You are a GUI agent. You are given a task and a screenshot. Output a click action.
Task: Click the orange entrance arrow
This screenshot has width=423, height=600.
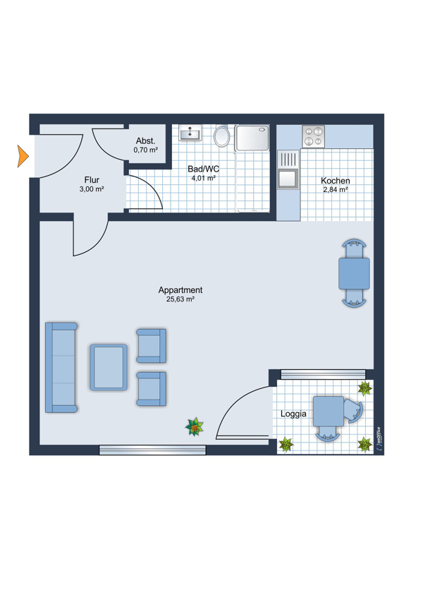pyautogui.click(x=23, y=156)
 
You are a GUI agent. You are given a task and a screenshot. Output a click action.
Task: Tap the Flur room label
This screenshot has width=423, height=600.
pyautogui.click(x=92, y=180)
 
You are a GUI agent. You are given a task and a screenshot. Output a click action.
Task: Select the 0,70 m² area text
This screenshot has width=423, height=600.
pyautogui.click(x=146, y=150)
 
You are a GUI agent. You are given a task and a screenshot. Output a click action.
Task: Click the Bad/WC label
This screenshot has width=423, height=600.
pyautogui.click(x=203, y=169)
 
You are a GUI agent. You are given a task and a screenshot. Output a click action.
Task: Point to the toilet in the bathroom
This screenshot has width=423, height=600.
pyautogui.click(x=221, y=136)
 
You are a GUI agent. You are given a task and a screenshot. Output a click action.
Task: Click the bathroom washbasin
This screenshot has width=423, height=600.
pyautogui.click(x=190, y=133)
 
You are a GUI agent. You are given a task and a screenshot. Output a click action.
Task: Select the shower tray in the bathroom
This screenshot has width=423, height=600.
pyautogui.click(x=252, y=138)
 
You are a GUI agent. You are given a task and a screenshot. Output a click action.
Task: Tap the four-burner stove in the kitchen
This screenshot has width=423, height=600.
pyautogui.click(x=313, y=137)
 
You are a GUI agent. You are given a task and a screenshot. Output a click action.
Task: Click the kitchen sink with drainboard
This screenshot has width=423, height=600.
pyautogui.click(x=288, y=169)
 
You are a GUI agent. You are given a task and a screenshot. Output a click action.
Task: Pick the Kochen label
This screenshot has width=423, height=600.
pyautogui.click(x=335, y=181)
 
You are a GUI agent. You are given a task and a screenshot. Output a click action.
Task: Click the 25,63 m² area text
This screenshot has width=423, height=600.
pyautogui.click(x=180, y=299)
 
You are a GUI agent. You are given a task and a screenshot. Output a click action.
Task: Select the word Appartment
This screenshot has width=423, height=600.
pyautogui.click(x=180, y=290)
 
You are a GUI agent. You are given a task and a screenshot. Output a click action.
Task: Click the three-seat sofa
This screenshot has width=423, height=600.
pyautogui.click(x=61, y=368)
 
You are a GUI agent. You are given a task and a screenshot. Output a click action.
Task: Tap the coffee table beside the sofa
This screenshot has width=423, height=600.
pyautogui.click(x=109, y=367)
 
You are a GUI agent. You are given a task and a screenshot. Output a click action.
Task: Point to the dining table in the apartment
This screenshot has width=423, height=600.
pyautogui.click(x=354, y=273)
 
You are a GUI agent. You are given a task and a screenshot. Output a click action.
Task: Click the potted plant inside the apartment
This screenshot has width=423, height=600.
pyautogui.click(x=195, y=427)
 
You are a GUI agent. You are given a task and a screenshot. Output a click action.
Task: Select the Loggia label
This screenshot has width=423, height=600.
pyautogui.click(x=293, y=414)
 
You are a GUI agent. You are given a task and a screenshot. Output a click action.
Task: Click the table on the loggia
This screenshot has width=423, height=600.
pyautogui.click(x=328, y=412)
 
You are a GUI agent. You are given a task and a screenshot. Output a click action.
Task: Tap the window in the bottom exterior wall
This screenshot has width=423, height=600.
pyautogui.click(x=152, y=450)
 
